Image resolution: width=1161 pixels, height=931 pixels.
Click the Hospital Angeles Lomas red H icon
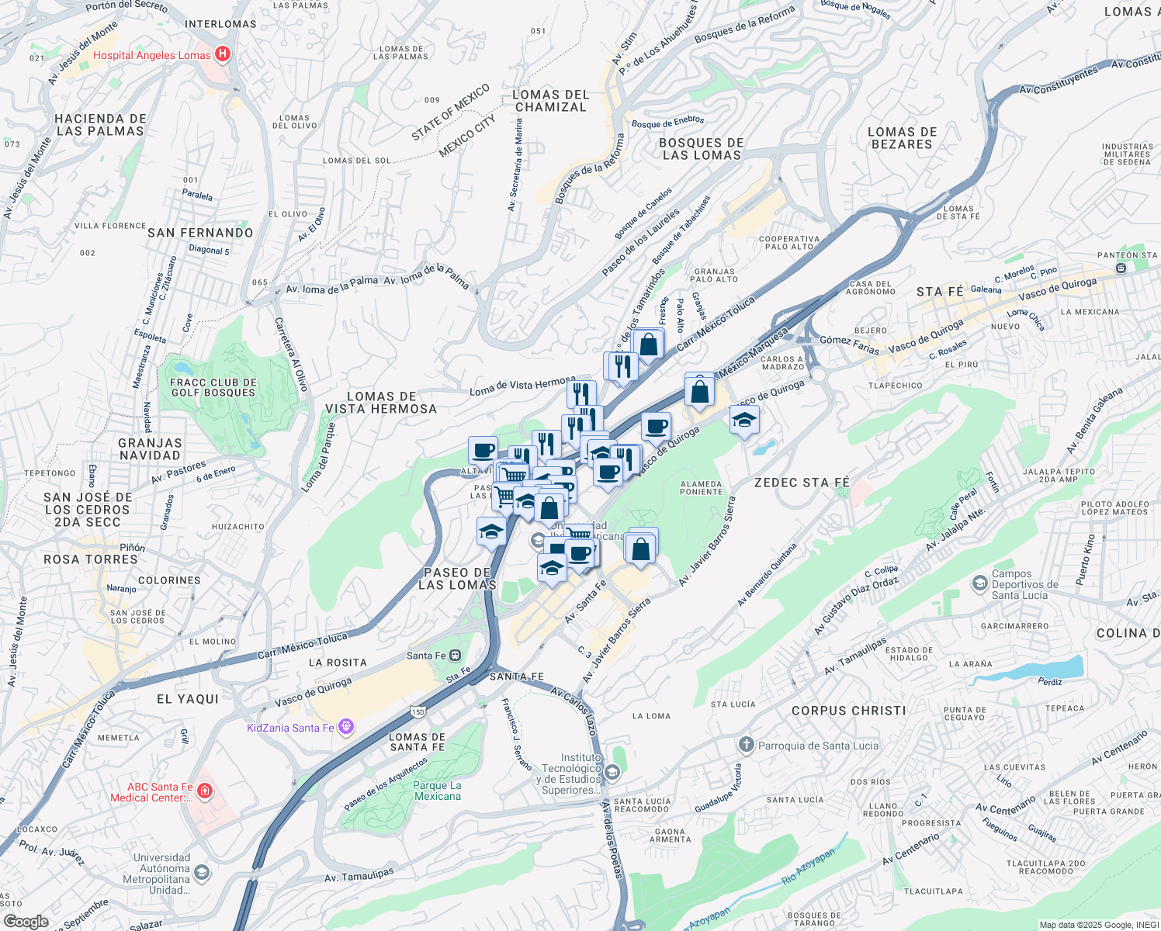[223, 54]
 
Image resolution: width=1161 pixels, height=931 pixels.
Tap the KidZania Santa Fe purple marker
[346, 727]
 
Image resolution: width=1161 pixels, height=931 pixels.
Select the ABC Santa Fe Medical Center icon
[204, 791]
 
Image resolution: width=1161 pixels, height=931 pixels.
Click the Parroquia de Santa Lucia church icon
[746, 746]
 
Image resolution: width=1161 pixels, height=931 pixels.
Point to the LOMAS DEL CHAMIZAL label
[551, 101]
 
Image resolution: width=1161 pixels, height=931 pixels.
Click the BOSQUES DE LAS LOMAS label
[702, 149]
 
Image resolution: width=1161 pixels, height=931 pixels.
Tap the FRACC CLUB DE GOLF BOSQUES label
[213, 387]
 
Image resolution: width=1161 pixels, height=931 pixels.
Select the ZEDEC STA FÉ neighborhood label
[802, 483]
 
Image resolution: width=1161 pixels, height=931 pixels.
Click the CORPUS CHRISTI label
[848, 711]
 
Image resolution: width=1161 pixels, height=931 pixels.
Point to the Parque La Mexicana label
[438, 791]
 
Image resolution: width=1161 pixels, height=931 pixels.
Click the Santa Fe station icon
[456, 656]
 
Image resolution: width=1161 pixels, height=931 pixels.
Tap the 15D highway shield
[418, 711]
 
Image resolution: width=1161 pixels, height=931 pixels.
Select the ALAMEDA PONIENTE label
[701, 487]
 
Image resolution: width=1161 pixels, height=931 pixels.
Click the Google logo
[26, 922]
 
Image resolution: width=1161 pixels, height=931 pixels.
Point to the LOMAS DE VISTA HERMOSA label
[381, 403]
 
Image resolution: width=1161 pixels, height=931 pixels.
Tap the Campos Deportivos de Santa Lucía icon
[979, 583]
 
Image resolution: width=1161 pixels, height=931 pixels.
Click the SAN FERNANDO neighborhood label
[200, 233]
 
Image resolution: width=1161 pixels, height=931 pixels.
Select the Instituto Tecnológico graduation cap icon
[612, 773]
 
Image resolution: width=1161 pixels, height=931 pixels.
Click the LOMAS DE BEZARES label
[902, 138]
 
